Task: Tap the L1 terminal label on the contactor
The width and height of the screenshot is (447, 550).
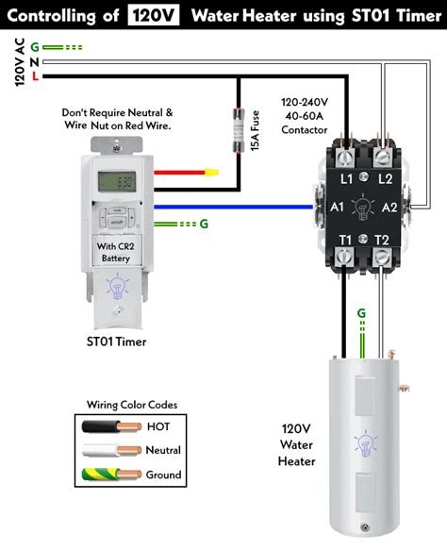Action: point(346,178)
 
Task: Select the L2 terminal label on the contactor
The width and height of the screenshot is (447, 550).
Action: point(385,178)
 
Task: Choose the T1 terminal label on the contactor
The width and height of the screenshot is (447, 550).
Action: point(346,240)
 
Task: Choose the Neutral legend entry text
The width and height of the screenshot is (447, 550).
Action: point(164,451)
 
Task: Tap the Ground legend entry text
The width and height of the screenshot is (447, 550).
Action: point(164,475)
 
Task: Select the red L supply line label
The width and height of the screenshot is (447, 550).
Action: point(36,75)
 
